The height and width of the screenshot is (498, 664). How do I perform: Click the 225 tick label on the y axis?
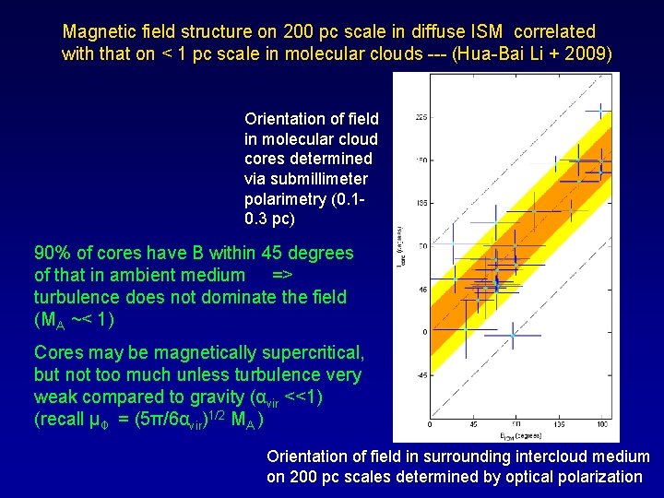(421, 117)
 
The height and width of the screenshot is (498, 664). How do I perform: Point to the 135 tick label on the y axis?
(421, 202)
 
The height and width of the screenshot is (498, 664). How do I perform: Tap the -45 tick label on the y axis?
(421, 374)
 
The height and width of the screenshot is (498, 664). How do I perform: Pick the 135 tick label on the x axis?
(560, 425)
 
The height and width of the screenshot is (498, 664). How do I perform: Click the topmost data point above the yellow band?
(599, 111)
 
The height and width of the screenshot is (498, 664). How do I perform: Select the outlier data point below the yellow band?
(513, 338)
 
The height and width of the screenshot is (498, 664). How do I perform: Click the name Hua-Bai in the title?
(496, 53)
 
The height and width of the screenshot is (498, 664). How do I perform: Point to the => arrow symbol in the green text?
(282, 275)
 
